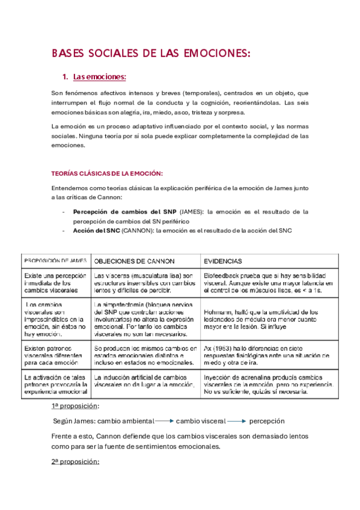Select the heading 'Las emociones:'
coord(99,77)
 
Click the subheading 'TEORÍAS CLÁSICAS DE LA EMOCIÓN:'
coord(108,173)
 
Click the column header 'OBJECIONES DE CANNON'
coord(135,261)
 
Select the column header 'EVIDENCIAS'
coord(224,261)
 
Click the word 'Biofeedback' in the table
coord(223,275)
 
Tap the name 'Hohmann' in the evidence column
coord(221,312)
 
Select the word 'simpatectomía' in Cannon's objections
coord(122,304)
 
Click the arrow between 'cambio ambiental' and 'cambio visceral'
coord(164,422)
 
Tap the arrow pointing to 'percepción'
coord(236,422)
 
